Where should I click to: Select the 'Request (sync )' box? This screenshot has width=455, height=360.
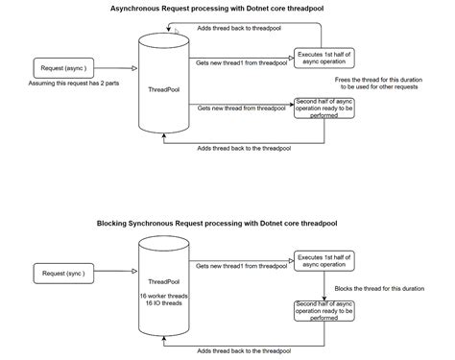click(x=63, y=274)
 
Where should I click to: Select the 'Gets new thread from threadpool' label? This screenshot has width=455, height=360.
click(x=241, y=109)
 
